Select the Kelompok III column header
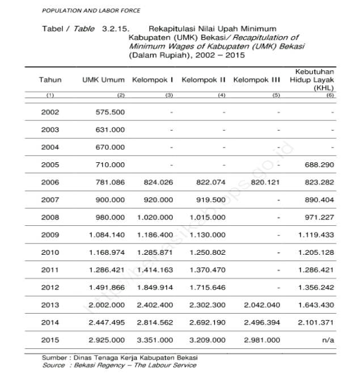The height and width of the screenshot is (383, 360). (257, 81)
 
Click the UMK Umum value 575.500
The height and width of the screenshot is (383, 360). (111, 112)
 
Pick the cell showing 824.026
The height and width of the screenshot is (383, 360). (156, 182)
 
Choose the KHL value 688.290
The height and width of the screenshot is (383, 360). (319, 165)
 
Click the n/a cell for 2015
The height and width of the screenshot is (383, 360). (328, 340)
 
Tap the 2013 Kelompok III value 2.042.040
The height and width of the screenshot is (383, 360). (262, 305)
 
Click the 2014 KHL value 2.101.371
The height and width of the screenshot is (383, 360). (315, 322)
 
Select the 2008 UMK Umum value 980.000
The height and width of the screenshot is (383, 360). (111, 217)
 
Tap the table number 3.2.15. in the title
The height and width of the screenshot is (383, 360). (116, 27)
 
